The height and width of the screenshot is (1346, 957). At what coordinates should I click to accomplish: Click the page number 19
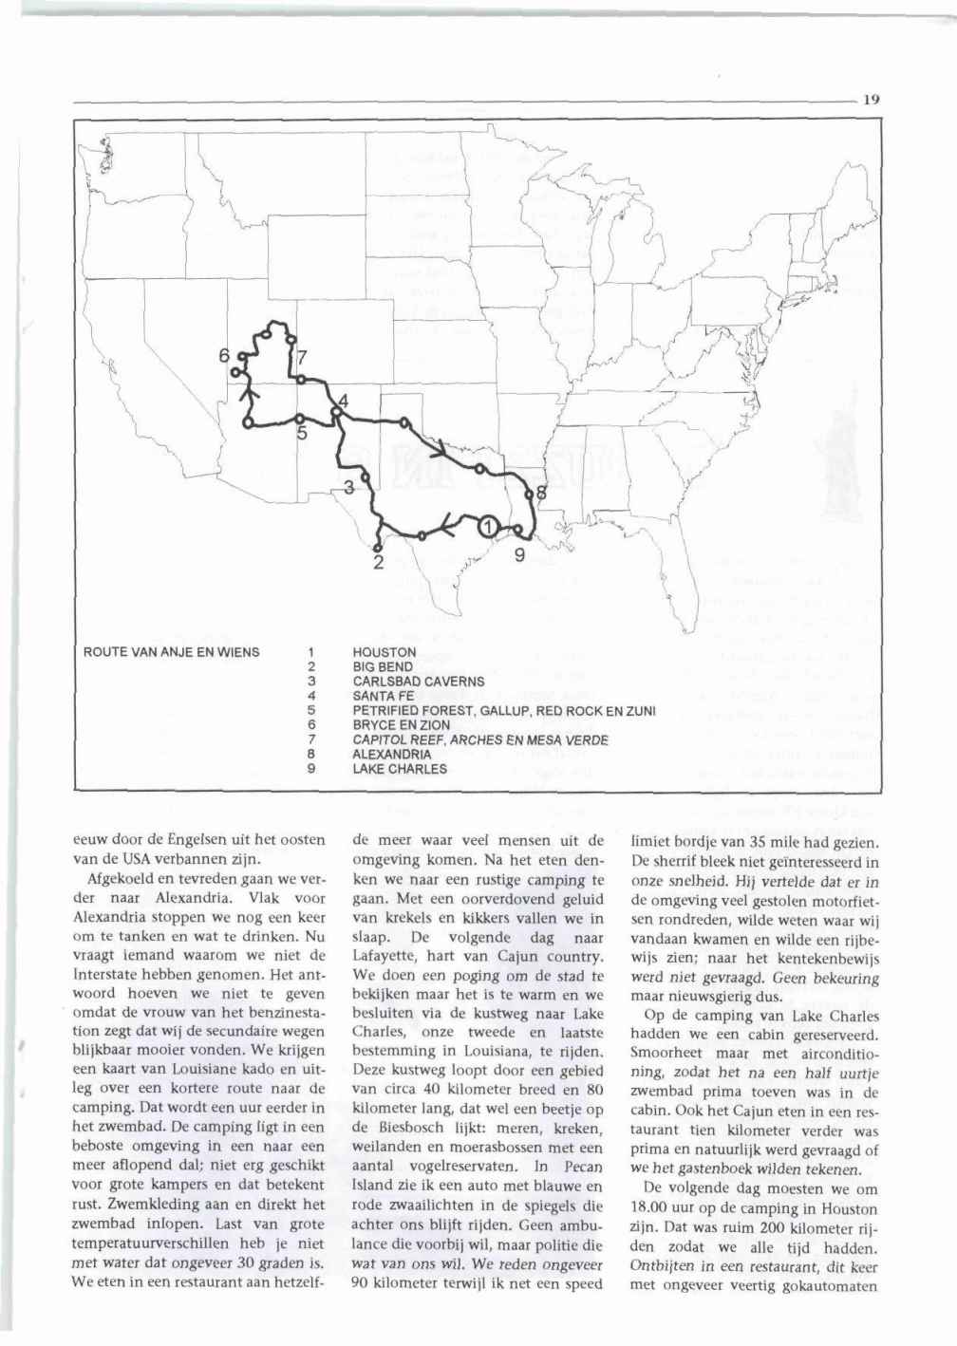point(873,97)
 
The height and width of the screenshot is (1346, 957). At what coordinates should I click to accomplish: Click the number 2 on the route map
point(377,564)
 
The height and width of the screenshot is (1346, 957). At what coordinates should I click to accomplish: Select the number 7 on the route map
point(302,358)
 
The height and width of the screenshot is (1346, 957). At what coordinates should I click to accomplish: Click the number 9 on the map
point(519,554)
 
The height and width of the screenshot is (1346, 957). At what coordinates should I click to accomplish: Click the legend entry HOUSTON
point(384,653)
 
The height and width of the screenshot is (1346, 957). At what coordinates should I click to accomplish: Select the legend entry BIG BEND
point(383,667)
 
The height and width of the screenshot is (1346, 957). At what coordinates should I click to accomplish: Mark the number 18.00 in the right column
point(652,1209)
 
